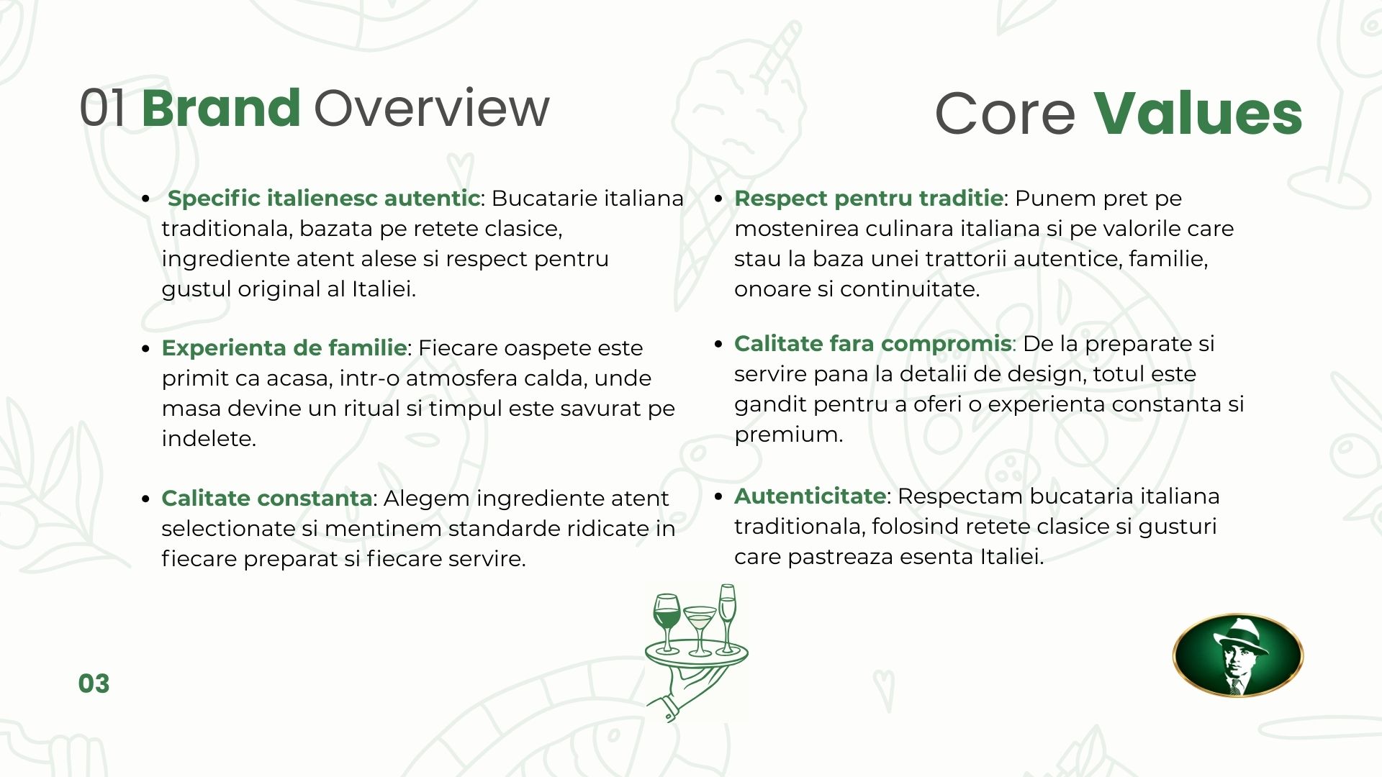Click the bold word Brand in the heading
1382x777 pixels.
tap(221, 108)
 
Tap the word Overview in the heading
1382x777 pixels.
tap(432, 108)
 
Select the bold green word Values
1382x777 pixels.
tap(1198, 113)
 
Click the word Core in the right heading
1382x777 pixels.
tap(1005, 114)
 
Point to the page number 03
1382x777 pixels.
tap(94, 683)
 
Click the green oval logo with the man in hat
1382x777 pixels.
tap(1238, 655)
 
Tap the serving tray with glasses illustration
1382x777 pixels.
tap(697, 652)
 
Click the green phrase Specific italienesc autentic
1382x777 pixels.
tap(323, 198)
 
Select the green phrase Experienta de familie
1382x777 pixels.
tap(284, 348)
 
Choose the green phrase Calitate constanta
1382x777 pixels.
tap(266, 498)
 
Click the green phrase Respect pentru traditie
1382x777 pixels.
tap(869, 199)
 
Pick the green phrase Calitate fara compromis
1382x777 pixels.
tap(872, 344)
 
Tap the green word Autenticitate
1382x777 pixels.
tap(810, 496)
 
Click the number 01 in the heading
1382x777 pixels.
tap(103, 108)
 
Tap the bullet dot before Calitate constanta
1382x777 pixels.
tap(146, 499)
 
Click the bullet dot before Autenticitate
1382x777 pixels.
tap(718, 496)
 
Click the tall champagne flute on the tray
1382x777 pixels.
tap(728, 619)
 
